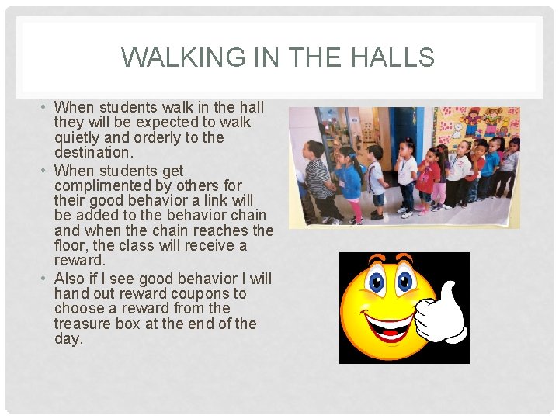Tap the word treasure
coord(84,324)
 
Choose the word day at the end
coord(68,339)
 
